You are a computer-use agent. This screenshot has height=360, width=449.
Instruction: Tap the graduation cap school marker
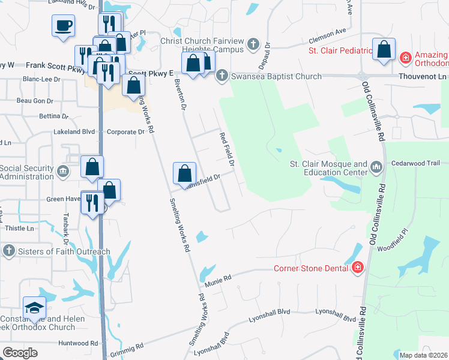tap(34, 308)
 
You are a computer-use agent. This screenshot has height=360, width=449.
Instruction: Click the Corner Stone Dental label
tap(311, 268)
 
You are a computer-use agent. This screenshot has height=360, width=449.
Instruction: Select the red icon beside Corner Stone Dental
tap(358, 268)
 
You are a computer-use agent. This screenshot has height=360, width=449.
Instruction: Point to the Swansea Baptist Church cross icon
tap(221, 76)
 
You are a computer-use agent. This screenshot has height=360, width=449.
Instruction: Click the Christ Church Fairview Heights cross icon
tap(253, 44)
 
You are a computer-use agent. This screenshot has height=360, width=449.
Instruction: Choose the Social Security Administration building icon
tap(63, 172)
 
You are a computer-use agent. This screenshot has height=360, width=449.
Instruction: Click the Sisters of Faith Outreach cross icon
tap(8, 251)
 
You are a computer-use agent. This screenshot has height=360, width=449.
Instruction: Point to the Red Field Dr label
tap(226, 149)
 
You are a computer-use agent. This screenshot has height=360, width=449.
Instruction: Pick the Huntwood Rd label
tap(78, 343)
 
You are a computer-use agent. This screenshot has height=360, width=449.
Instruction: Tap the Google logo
tap(20, 353)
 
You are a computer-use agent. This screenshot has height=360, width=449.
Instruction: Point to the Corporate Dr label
tap(125, 131)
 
